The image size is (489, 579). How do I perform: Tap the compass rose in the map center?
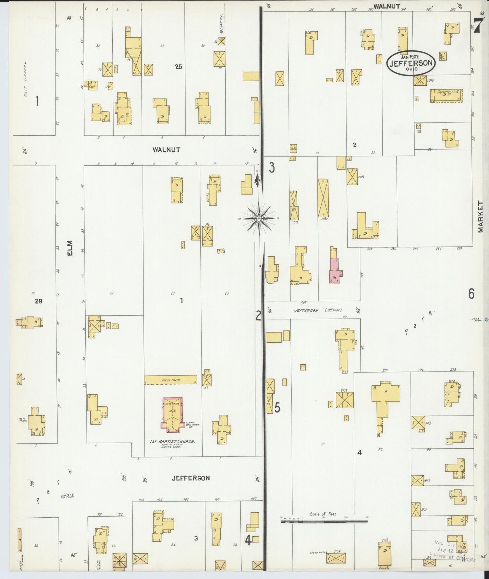tap(259, 219)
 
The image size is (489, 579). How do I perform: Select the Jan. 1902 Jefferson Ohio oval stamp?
tap(411, 63)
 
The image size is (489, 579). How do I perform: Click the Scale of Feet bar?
tap(324, 522)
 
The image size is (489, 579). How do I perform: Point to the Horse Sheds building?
tap(171, 380)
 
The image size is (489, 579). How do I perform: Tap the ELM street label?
tap(70, 248)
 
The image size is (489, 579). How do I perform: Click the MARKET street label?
tap(481, 217)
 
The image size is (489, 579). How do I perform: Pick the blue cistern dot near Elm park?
tap(63, 497)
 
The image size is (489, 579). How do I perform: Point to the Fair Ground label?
tap(25, 79)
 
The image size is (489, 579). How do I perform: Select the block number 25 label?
tap(178, 67)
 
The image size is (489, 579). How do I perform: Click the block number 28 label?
tap(38, 301)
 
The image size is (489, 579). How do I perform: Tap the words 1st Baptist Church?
tap(172, 442)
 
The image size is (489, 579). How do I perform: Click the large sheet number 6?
tap(471, 294)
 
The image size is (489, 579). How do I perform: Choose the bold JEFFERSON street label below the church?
tap(191, 478)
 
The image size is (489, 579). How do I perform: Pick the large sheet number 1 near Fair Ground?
tap(37, 101)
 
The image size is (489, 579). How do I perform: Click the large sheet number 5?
tap(277, 408)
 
